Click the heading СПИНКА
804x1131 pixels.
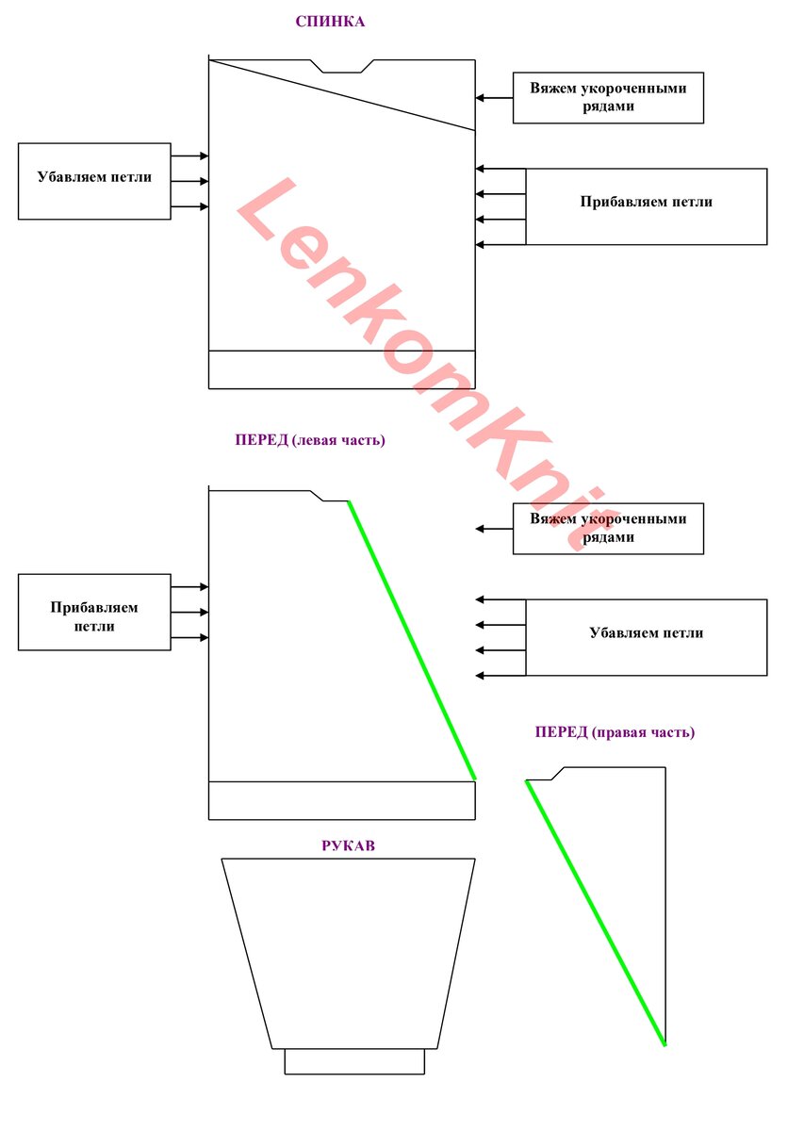tap(330, 21)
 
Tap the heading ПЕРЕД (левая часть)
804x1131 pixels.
tap(310, 440)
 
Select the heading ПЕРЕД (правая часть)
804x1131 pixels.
tap(615, 732)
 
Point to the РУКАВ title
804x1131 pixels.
tap(349, 845)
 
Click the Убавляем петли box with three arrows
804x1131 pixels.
tap(94, 181)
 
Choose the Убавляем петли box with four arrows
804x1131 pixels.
tap(647, 638)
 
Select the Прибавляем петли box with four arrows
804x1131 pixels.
tap(647, 206)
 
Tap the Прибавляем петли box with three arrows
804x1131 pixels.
tap(94, 612)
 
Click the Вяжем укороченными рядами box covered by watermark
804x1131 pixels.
tap(608, 529)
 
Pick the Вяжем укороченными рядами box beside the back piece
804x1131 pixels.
tap(608, 97)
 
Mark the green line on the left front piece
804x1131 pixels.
tap(412, 640)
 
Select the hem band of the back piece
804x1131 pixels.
tap(342, 369)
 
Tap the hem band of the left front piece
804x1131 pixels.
tap(342, 800)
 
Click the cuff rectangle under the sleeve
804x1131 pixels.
tap(354, 1061)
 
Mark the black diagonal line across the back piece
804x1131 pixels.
tap(342, 95)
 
